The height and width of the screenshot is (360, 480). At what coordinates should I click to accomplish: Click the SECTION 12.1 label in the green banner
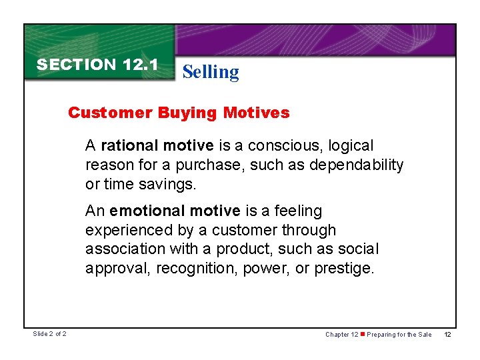tap(97, 65)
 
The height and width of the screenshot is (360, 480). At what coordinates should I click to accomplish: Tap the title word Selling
tap(210, 71)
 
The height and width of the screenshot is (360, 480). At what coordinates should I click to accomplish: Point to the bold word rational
tap(130, 145)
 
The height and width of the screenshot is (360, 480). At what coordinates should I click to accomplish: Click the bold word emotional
tap(147, 211)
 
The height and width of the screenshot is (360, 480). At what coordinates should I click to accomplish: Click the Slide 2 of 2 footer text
tap(51, 334)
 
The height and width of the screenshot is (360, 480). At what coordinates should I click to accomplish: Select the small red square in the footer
tap(363, 334)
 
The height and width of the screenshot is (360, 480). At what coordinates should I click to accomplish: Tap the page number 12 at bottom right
tap(448, 334)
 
